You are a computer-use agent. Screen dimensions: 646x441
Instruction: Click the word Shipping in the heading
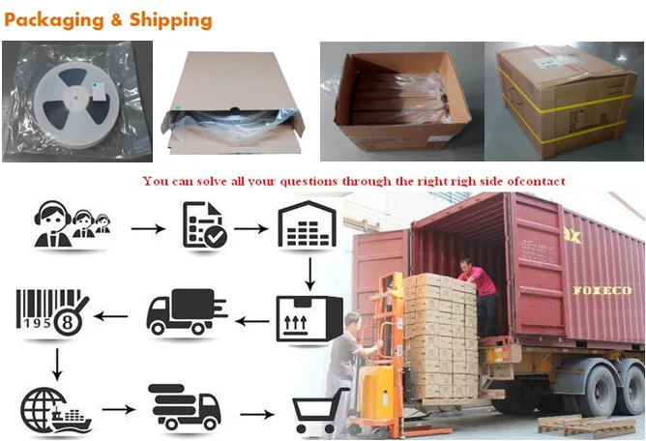[x=169, y=19]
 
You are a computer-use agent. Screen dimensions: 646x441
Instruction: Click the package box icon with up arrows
[x=307, y=315]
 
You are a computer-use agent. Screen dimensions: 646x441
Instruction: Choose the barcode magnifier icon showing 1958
[x=52, y=313]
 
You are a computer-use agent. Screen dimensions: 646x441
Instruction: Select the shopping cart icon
[x=320, y=411]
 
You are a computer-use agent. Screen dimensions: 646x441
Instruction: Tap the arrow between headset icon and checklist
[x=145, y=229]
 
